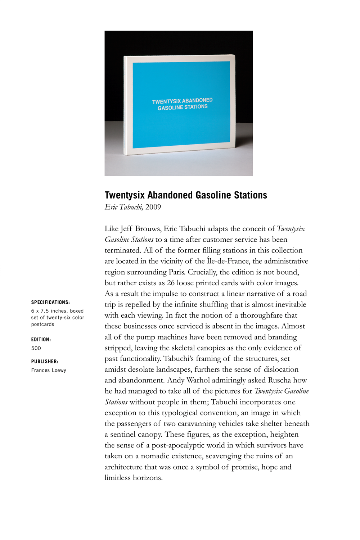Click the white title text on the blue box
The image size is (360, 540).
coord(183,104)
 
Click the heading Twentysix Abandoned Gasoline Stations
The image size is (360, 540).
coord(186,195)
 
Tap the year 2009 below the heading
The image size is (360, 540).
coord(153,207)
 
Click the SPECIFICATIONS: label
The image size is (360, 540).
coord(50,302)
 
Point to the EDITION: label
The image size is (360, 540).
coord(41,339)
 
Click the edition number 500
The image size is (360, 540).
coord(36,348)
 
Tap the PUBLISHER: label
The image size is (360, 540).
coord(45,361)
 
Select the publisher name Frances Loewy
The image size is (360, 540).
coord(49,370)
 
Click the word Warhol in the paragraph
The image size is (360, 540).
coord(198,380)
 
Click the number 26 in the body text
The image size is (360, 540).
coord(171,282)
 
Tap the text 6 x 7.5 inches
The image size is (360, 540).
coord(49,311)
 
